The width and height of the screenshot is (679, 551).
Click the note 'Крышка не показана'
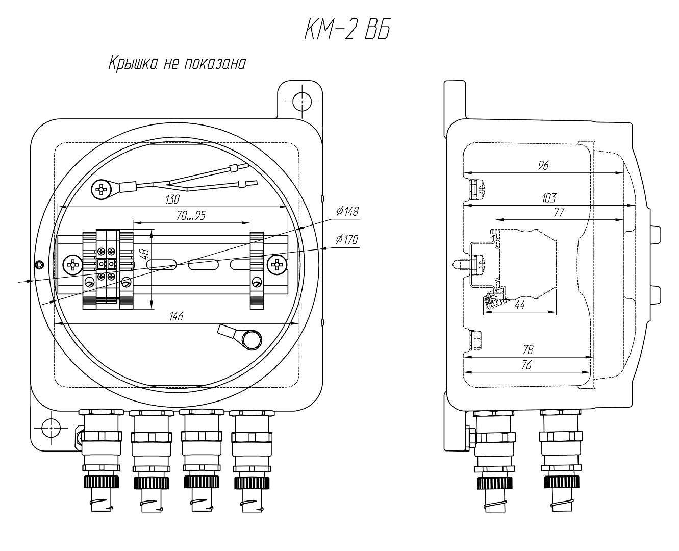177,64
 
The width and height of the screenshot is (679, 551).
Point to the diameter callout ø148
347,211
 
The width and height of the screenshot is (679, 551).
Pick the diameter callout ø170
347,240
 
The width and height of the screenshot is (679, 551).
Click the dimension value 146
175,317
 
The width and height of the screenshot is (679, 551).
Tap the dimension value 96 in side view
543,165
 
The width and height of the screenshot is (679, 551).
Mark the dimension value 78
528,349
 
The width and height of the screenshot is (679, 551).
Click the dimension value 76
528,364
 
